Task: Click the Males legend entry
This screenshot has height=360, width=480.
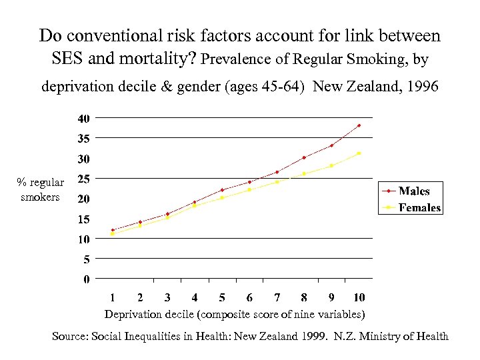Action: pos(414,191)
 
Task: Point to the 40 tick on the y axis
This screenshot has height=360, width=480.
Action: pos(83,119)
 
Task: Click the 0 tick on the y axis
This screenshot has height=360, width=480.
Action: pos(86,279)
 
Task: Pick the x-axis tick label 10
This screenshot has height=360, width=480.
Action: pos(359,297)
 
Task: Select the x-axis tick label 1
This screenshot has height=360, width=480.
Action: pos(113,297)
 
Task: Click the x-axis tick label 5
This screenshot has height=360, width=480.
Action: pos(222,297)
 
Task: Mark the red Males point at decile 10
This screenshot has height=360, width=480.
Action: pos(359,125)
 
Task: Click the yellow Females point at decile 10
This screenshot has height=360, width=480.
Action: pos(359,153)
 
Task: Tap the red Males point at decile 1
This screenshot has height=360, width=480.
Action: pos(113,230)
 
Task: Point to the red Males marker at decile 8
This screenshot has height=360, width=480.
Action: pos(304,157)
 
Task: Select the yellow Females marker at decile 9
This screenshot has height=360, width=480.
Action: pos(331,165)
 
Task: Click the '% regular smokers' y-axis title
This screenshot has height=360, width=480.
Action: pos(41,189)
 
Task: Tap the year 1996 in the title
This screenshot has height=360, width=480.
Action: pos(418,86)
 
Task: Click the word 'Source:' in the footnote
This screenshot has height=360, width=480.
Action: pos(69,337)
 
